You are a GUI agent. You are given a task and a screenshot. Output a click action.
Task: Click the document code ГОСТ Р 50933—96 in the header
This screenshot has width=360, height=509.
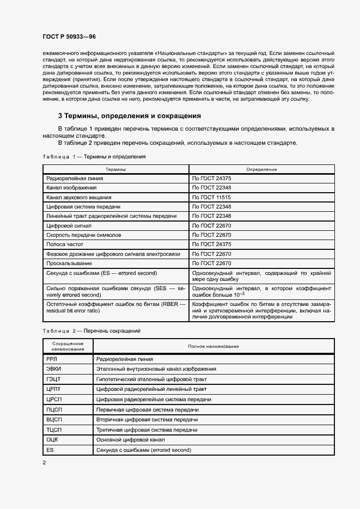(x=69, y=37)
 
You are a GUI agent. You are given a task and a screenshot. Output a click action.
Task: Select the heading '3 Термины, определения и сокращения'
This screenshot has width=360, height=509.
(x=130, y=116)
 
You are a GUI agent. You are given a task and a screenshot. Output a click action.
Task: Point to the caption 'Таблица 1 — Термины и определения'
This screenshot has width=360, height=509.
(x=94, y=157)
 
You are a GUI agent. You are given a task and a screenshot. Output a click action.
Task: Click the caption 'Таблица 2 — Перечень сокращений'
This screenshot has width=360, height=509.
(x=91, y=330)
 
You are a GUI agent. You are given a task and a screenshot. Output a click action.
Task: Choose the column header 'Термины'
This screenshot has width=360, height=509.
(x=115, y=169)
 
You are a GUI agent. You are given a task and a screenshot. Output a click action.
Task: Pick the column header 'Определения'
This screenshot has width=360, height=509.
(x=261, y=169)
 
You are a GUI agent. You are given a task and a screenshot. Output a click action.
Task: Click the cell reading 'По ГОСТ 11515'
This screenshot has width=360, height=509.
(x=212, y=197)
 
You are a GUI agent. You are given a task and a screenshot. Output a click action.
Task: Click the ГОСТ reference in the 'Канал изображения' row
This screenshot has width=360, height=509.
(x=212, y=188)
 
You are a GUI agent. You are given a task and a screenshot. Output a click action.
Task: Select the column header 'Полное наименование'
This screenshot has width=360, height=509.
(x=213, y=346)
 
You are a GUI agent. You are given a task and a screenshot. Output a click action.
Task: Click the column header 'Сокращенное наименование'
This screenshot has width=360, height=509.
(x=68, y=346)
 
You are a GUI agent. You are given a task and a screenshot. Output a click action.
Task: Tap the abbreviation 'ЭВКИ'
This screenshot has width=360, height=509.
(x=54, y=369)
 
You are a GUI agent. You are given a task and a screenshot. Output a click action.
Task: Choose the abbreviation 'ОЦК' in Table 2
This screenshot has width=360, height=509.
(x=53, y=439)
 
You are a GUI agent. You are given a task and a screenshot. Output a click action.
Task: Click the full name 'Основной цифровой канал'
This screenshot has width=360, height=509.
(x=130, y=439)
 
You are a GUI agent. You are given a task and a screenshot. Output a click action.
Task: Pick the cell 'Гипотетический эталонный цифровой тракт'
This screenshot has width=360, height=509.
(x=151, y=379)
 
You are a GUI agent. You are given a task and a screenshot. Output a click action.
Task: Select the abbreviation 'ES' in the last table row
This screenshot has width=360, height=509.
(x=50, y=450)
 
